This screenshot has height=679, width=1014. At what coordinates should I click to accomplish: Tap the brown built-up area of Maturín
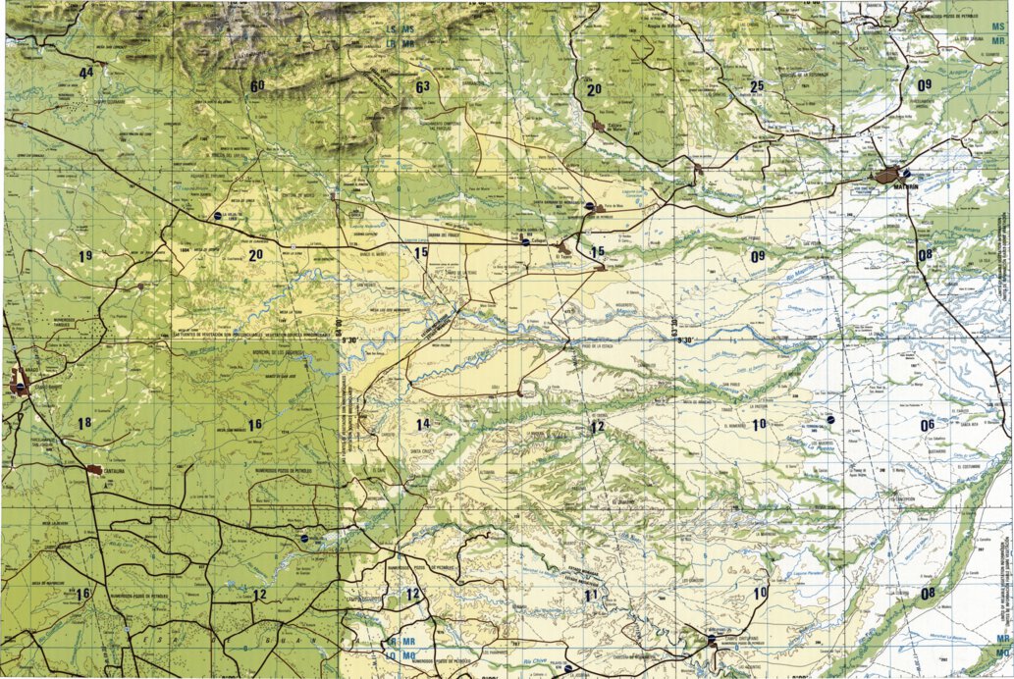point(889,177)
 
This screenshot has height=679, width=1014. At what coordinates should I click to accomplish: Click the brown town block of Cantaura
point(94,470)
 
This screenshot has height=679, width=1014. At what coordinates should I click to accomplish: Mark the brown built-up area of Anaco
point(20,383)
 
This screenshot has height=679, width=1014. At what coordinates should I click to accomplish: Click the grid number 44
point(87,73)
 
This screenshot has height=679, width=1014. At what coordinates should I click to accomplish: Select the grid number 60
point(257,86)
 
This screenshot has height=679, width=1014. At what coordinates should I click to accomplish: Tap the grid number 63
point(422,86)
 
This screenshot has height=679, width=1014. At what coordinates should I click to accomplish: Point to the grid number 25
point(756,86)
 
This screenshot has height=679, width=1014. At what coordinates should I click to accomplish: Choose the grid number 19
point(85,256)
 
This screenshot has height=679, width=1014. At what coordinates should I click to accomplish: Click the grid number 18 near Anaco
point(84,423)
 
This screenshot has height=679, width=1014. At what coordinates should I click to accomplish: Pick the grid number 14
point(423,424)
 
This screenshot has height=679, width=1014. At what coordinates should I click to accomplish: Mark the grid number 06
point(927,425)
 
